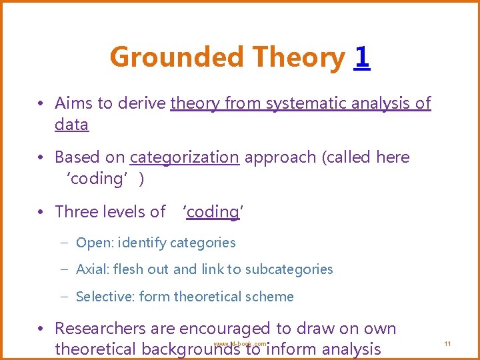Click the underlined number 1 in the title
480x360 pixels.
point(362,57)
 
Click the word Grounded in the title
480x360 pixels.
point(159,57)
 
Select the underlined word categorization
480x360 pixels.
point(184,157)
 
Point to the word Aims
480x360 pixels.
point(74,103)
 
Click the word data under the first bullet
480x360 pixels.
point(71,125)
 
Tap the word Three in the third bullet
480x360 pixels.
point(77,212)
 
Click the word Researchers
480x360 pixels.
point(103,329)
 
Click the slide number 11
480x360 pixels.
point(447,343)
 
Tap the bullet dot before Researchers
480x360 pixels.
point(41,329)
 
